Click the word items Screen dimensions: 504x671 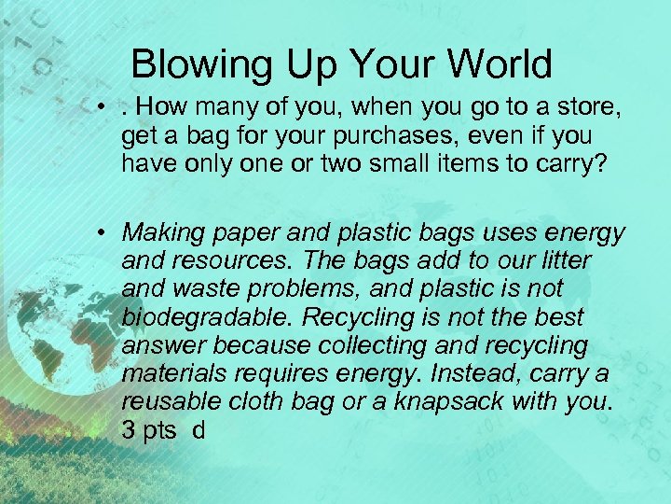point(463,163)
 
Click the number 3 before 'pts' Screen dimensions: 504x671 point(128,431)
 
